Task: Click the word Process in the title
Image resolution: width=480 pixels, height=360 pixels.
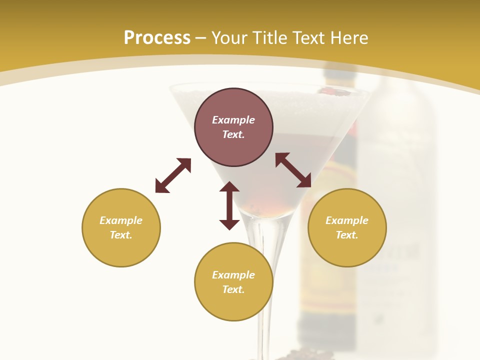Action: coord(157,38)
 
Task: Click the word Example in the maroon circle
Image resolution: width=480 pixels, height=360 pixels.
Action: coord(233,120)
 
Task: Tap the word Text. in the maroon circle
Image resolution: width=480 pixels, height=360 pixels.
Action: coord(233,134)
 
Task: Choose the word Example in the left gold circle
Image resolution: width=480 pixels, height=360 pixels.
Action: coord(121,220)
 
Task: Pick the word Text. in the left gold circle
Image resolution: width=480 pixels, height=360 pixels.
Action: coord(121,235)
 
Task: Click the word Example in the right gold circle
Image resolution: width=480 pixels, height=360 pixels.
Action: coord(347,220)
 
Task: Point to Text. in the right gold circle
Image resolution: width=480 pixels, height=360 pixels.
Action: coord(347,235)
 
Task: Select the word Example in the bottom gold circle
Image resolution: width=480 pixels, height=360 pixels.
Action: coord(233,275)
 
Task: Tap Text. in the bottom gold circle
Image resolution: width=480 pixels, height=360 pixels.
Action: coord(233,289)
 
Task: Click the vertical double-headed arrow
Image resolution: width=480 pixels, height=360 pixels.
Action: coord(229,205)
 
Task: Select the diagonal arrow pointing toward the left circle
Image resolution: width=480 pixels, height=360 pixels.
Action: coord(173,175)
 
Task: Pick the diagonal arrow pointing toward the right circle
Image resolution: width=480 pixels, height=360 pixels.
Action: coord(293,170)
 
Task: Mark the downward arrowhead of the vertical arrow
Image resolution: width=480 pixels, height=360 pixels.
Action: coord(229,224)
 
